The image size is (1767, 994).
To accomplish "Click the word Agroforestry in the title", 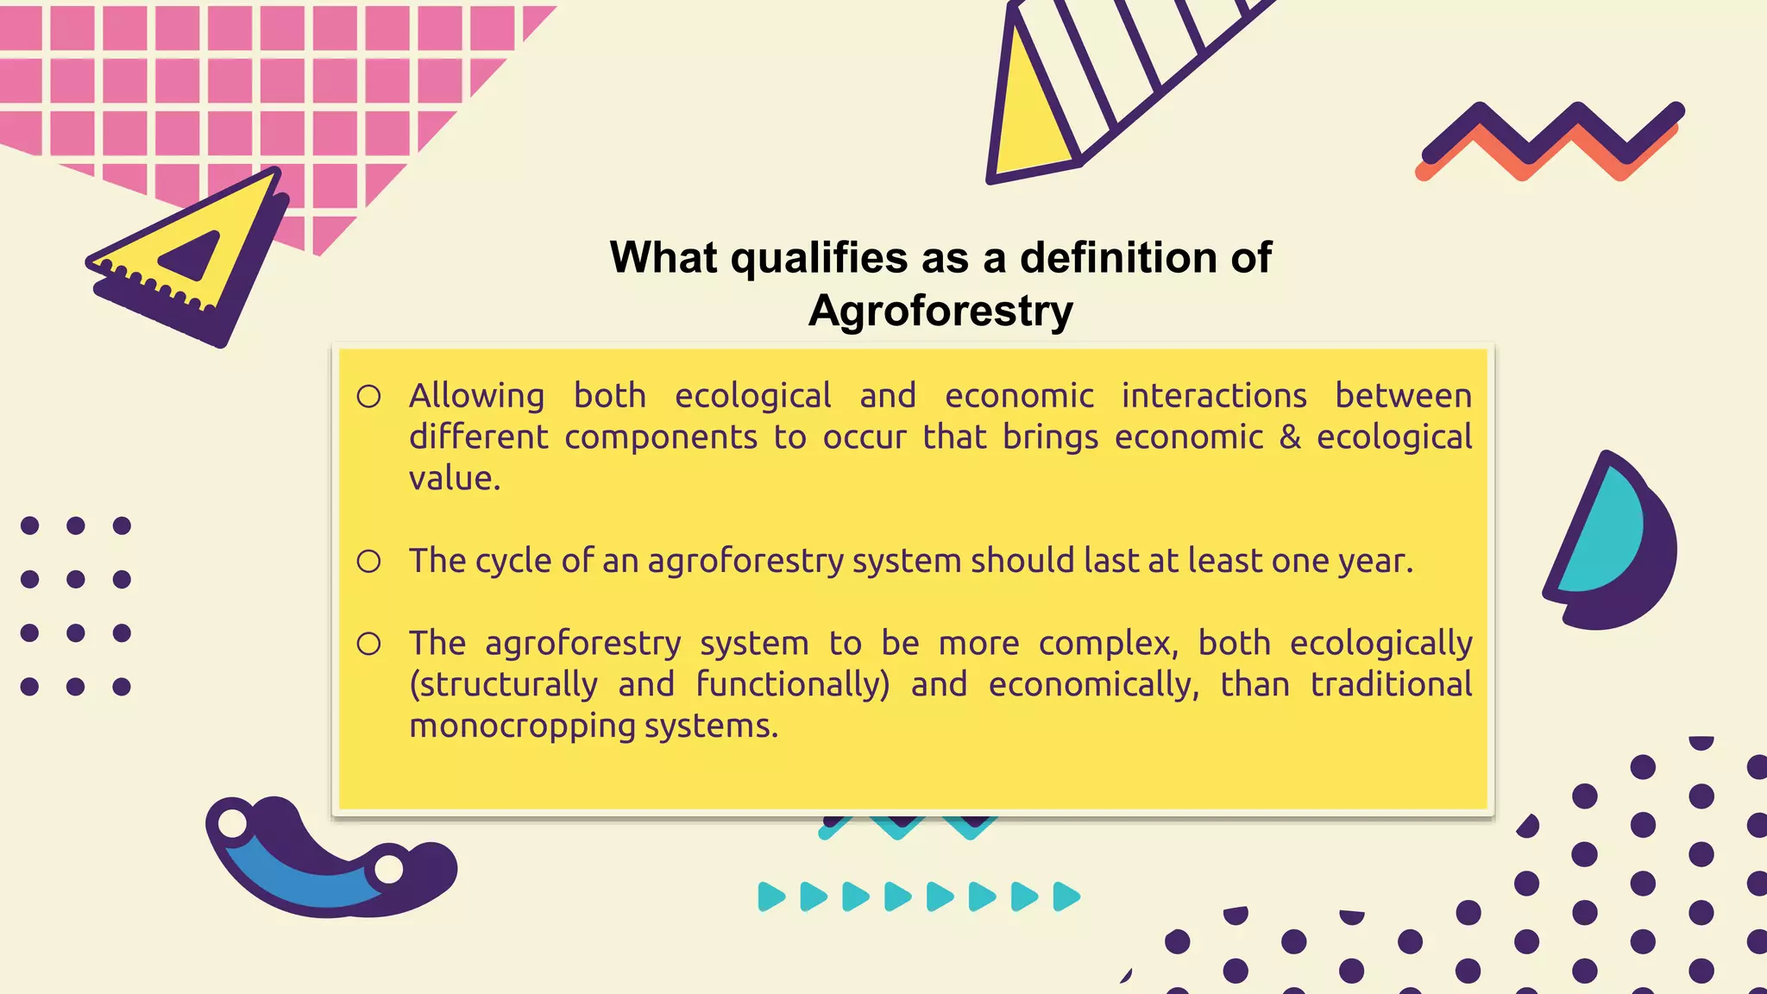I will pos(940,311).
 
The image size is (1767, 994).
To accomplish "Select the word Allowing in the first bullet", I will pos(476,396).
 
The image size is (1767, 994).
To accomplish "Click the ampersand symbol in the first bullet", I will pos(1290,437).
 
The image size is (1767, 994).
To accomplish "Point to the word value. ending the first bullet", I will pos(455,479).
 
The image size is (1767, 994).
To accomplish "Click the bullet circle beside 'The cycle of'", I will pos(369,562).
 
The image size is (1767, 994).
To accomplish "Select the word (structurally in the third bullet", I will pos(503,685).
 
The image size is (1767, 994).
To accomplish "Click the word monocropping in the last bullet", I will pos(521,727).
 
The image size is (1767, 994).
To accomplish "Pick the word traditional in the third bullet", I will pos(1391,685).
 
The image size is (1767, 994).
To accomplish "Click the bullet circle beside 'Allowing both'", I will pos(369,397).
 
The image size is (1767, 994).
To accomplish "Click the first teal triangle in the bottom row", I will pos(770,897).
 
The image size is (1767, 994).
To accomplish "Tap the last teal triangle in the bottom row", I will pos(1066,897).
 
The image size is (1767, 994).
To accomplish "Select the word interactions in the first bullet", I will pos(1214,396).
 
